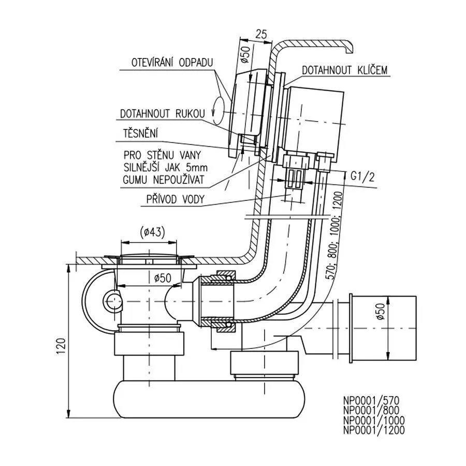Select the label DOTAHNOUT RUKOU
pyautogui.click(x=162, y=113)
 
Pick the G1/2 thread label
pyautogui.click(x=362, y=176)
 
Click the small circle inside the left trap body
pyautogui.click(x=112, y=299)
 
